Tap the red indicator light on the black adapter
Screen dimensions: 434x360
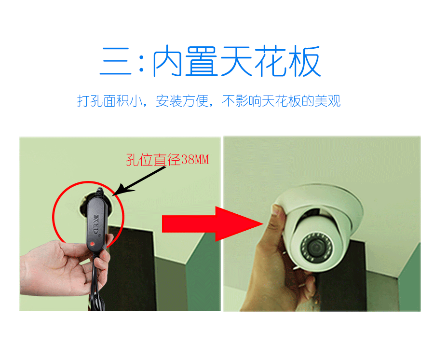pos(92,244)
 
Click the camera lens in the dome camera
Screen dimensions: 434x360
pos(316,246)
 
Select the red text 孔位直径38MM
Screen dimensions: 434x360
pos(167,160)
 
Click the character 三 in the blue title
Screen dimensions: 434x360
pos(115,61)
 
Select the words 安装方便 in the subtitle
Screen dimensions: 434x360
pos(182,101)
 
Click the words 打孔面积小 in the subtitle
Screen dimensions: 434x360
pos(109,101)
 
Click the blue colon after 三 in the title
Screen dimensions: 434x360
pos(141,62)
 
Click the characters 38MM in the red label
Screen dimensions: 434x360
pos(195,160)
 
